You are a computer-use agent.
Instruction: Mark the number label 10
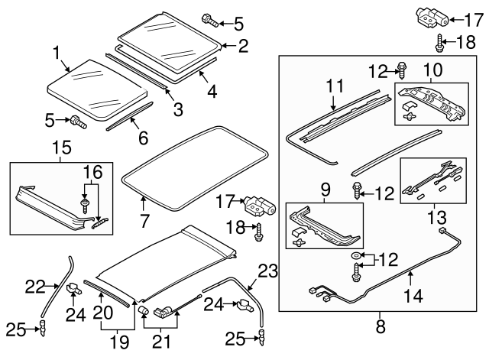pos(432,70)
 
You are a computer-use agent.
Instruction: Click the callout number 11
pos(332,87)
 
